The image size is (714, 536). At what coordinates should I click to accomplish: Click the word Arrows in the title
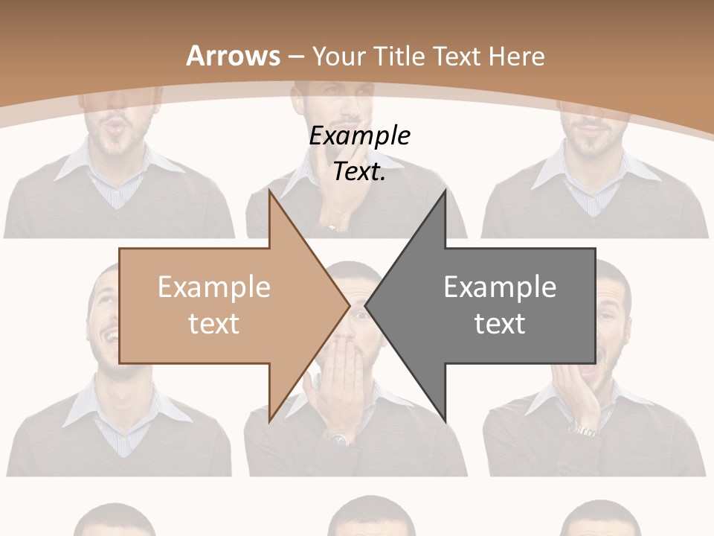(234, 56)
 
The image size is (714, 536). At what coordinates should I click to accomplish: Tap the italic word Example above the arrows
(360, 136)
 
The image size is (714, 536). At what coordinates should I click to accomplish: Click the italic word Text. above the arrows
(360, 171)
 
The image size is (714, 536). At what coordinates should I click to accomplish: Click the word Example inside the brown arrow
(214, 287)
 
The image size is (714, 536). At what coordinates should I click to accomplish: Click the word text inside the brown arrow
(214, 324)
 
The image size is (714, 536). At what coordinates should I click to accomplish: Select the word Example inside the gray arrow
(500, 287)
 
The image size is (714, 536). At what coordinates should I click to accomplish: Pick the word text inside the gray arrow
(500, 324)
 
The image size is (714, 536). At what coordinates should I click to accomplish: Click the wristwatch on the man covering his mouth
(339, 438)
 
